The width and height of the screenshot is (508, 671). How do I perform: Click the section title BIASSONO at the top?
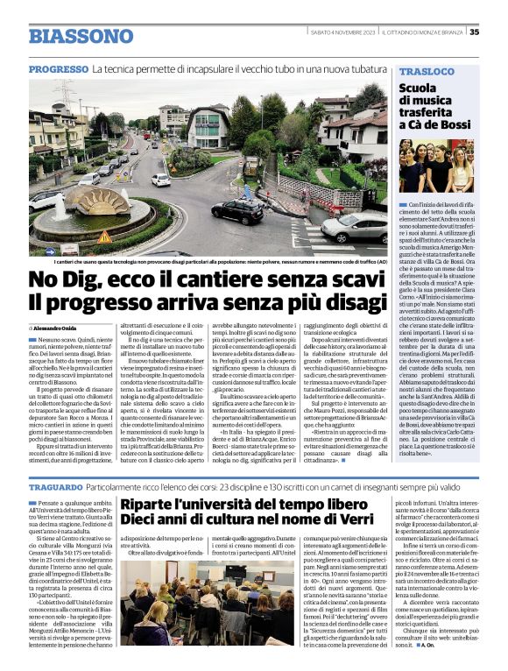click(x=81, y=37)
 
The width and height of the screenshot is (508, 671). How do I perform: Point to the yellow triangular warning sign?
click(x=104, y=237)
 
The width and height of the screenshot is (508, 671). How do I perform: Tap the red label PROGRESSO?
click(x=58, y=69)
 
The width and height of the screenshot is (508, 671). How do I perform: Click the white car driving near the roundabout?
click(x=161, y=180)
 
